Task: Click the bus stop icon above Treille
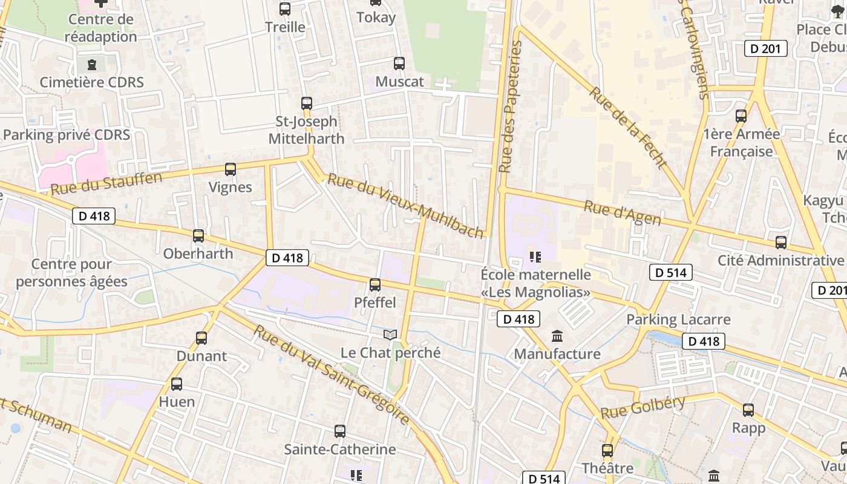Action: click(x=285, y=9)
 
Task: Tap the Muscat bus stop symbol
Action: click(x=399, y=64)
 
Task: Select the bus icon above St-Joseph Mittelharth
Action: click(x=307, y=103)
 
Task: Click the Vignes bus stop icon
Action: click(x=231, y=169)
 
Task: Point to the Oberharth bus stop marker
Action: click(x=198, y=236)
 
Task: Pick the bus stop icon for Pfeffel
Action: click(x=375, y=285)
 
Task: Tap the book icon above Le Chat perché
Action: click(x=390, y=335)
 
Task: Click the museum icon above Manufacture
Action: click(x=557, y=336)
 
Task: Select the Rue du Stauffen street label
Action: click(x=106, y=184)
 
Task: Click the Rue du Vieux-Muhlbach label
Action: click(x=406, y=206)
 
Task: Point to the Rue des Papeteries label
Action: click(x=510, y=106)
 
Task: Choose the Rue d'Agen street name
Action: click(x=622, y=212)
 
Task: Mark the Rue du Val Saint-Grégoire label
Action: click(x=331, y=374)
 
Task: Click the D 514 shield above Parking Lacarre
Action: click(x=671, y=273)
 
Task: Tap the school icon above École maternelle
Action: click(x=535, y=257)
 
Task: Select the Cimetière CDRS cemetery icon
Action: click(x=92, y=64)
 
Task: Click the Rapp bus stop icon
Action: click(x=748, y=410)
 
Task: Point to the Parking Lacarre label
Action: click(x=678, y=319)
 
